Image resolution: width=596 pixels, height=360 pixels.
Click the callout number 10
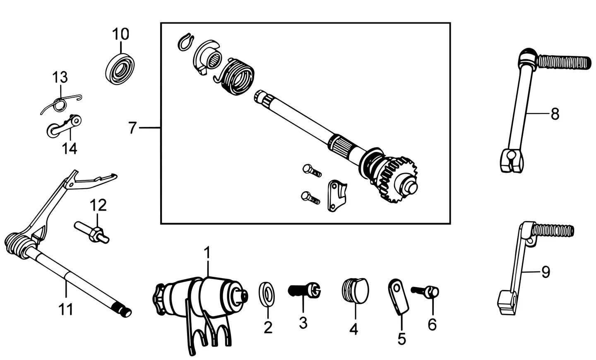click(120, 34)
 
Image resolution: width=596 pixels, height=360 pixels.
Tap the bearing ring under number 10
click(120, 69)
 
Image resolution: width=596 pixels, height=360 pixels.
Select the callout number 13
click(60, 77)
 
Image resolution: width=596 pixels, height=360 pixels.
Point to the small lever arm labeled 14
click(64, 126)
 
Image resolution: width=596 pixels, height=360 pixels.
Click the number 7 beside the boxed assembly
click(132, 128)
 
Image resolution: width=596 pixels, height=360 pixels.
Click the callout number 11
click(66, 310)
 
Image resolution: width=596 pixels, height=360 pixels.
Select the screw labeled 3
click(304, 290)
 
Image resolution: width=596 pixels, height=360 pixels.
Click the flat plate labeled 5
click(398, 297)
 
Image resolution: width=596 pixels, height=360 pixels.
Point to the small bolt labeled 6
click(425, 292)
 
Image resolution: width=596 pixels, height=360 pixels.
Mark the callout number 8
click(555, 114)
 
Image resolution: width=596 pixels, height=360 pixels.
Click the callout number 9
click(546, 272)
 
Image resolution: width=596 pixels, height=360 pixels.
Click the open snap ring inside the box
click(186, 41)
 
